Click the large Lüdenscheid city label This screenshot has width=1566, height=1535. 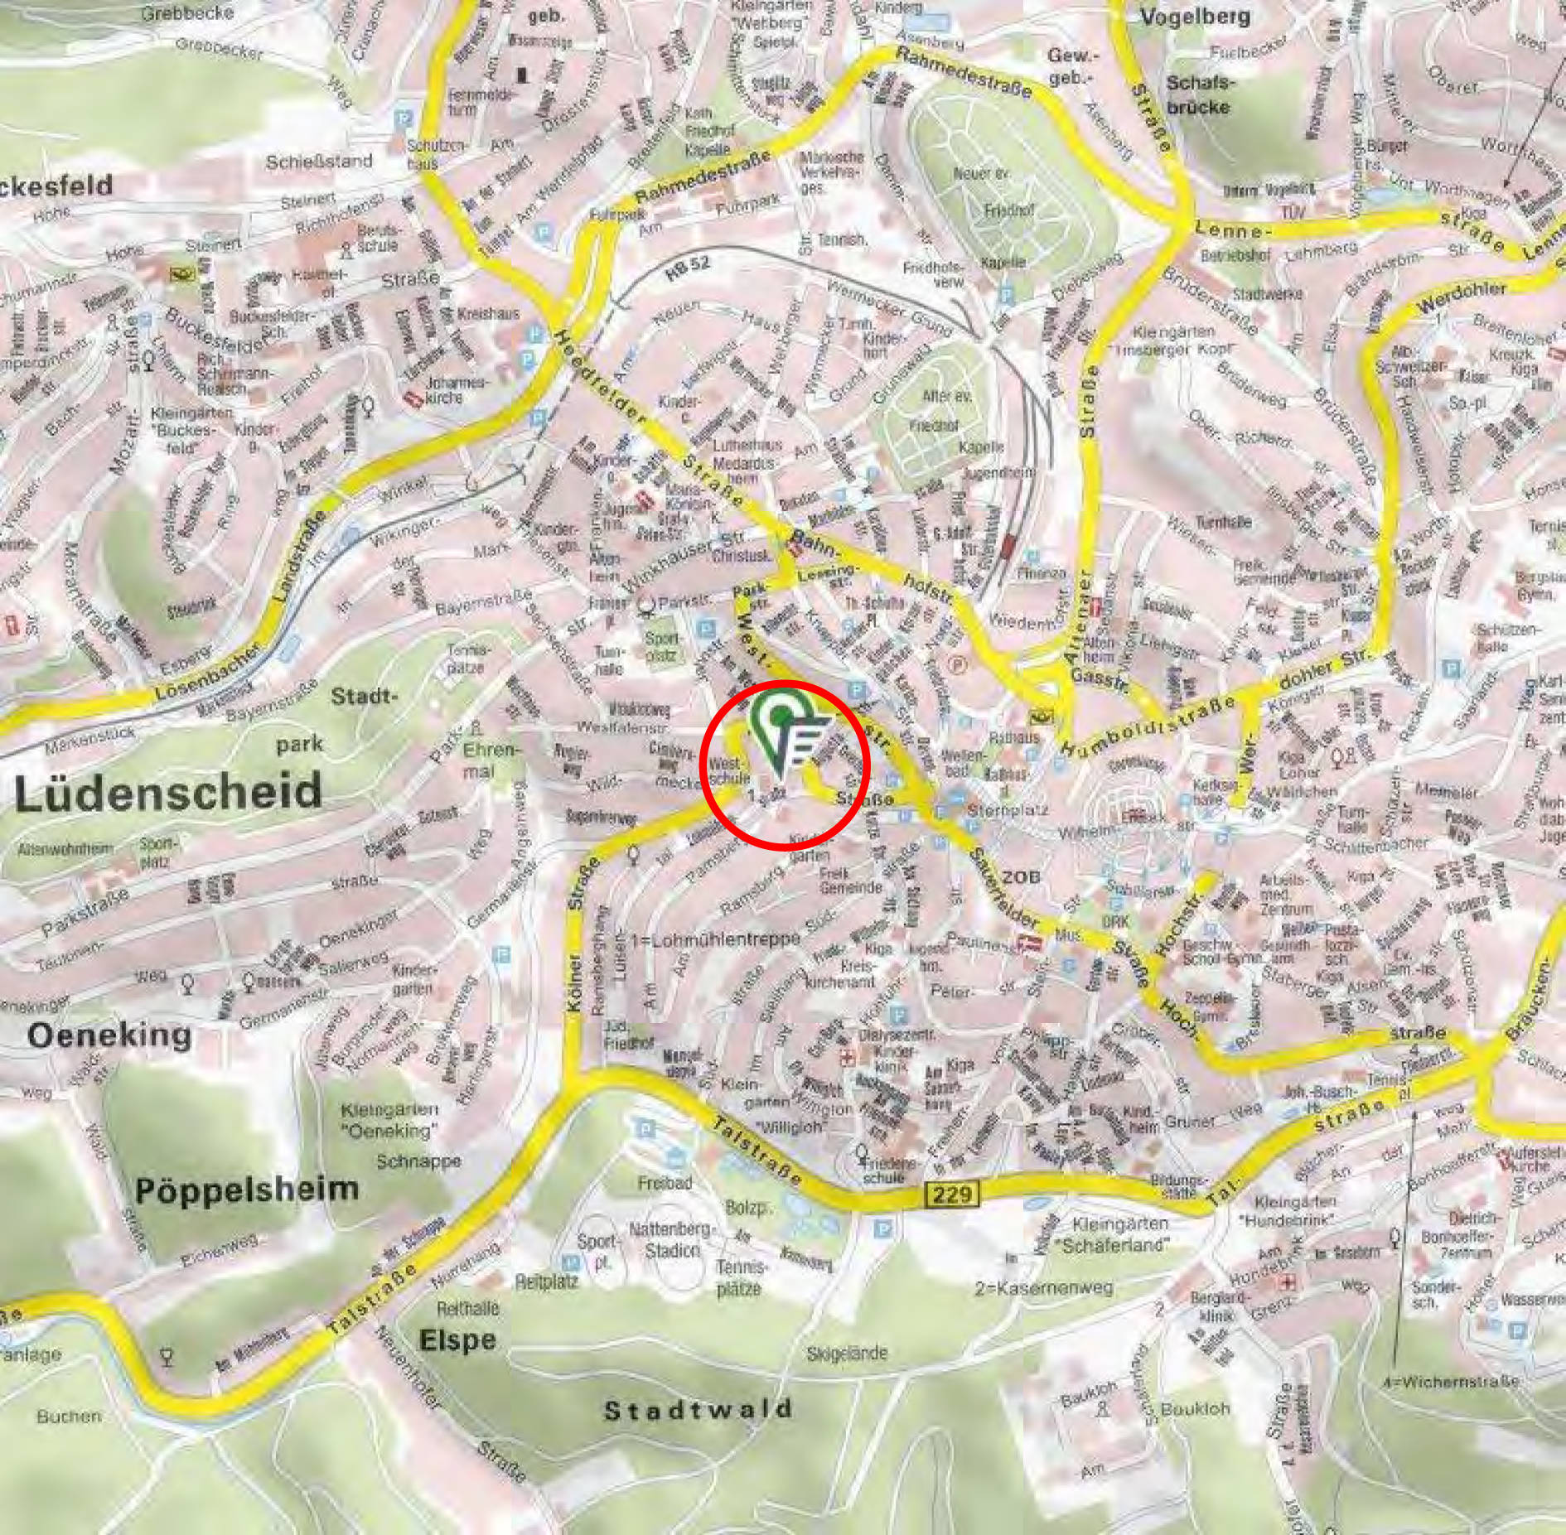pyautogui.click(x=167, y=791)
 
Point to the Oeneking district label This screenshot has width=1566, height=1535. pyautogui.click(x=109, y=1035)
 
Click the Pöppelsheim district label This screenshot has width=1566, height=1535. pyautogui.click(x=247, y=1190)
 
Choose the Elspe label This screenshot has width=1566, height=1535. pyautogui.click(x=457, y=1340)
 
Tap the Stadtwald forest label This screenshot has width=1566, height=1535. pyautogui.click(x=698, y=1410)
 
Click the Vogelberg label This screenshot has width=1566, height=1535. pyautogui.click(x=1196, y=17)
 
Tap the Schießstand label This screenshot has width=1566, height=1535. pyautogui.click(x=319, y=161)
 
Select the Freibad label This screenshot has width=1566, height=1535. pyautogui.click(x=665, y=1183)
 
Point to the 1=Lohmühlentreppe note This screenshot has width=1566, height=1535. pyautogui.click(x=715, y=939)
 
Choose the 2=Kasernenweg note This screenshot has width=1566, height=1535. pyautogui.click(x=1044, y=1288)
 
